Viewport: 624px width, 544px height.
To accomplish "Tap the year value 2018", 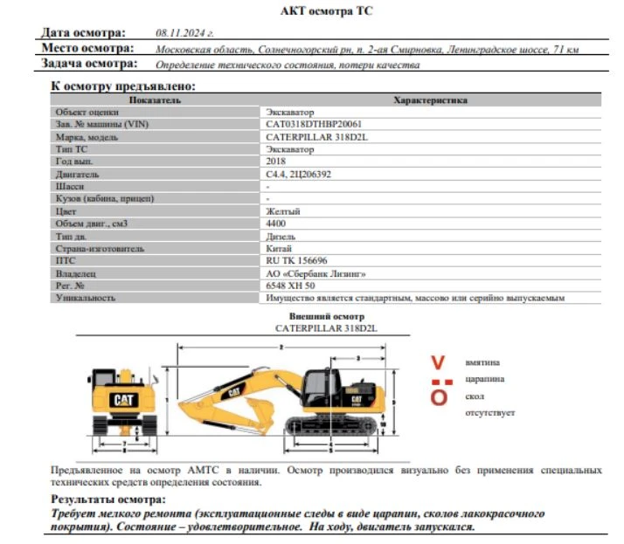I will (275, 162).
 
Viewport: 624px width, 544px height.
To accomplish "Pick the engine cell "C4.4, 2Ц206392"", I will (298, 174).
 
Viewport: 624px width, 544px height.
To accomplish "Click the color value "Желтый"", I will (282, 211).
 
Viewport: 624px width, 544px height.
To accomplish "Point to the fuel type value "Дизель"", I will (281, 236).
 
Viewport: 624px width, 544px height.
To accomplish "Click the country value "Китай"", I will (279, 248).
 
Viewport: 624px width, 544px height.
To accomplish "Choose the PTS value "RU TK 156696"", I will (296, 260).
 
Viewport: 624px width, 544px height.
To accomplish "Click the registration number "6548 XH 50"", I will (290, 286).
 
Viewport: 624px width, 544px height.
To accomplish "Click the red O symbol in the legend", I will (440, 397).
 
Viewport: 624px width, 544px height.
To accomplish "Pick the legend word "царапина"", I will (483, 378).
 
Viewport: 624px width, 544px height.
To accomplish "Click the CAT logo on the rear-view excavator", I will (124, 400).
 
